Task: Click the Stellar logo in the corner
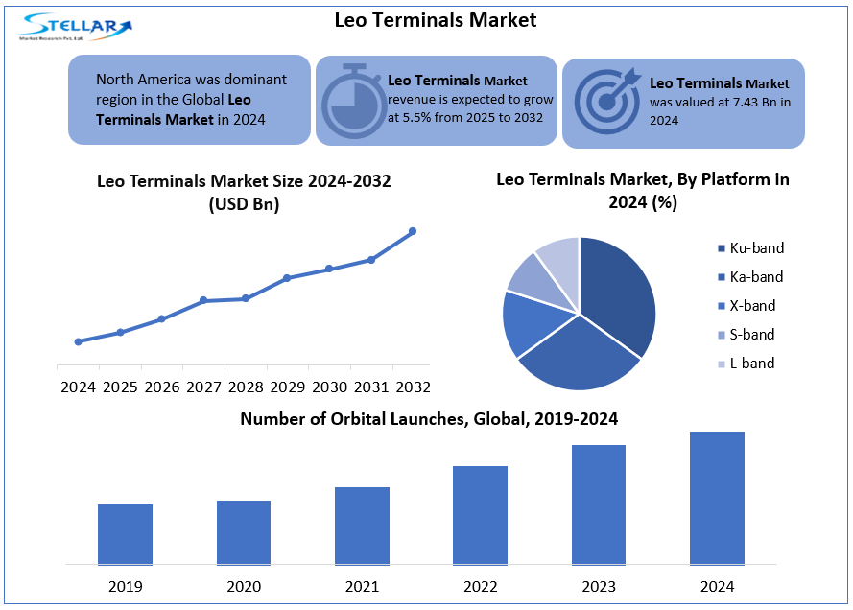coord(75,26)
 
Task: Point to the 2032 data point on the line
coord(413,231)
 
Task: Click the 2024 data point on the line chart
coord(78,341)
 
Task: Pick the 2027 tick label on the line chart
coord(203,387)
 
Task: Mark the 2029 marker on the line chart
coord(287,278)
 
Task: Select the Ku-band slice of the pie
coord(619,293)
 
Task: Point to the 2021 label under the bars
coord(362,585)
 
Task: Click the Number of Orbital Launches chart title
coord(429,419)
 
